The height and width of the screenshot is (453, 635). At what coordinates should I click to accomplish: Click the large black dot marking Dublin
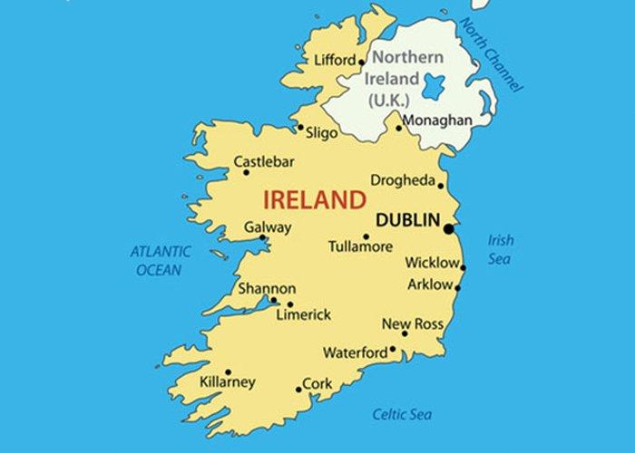[x=448, y=228]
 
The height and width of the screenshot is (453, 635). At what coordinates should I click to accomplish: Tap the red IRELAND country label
[x=314, y=199]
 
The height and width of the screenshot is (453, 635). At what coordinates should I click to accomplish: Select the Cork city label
[x=317, y=383]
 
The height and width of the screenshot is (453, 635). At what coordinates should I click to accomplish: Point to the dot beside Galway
[x=263, y=238]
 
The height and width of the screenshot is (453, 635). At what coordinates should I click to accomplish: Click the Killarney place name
[x=227, y=382]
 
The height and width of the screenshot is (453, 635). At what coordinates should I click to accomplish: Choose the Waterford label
[x=355, y=352]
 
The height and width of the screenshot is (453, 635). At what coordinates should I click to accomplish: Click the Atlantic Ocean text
[x=160, y=260]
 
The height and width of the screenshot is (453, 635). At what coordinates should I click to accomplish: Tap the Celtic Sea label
[x=402, y=415]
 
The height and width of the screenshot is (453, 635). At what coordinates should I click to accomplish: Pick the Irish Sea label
[x=501, y=249]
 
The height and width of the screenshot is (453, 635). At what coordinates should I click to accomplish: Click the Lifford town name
[x=335, y=61]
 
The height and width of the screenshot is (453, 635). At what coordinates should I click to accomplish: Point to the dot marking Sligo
[x=300, y=128]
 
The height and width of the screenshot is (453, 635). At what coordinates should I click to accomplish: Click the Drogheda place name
[x=403, y=179]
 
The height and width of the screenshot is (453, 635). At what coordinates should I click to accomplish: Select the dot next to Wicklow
[x=463, y=267]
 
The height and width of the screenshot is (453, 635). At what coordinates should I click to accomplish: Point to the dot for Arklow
[x=457, y=289]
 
